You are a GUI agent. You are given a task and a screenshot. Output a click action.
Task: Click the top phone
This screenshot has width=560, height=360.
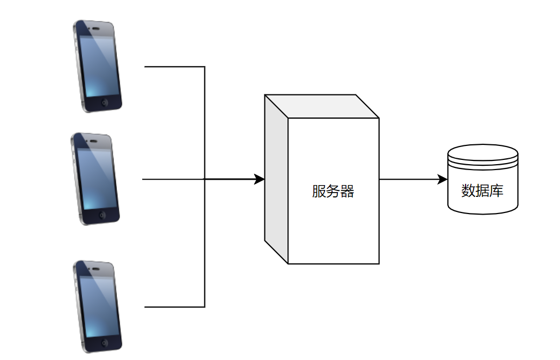pyautogui.click(x=97, y=66)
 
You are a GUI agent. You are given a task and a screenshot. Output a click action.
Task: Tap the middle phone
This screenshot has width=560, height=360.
pyautogui.click(x=95, y=178)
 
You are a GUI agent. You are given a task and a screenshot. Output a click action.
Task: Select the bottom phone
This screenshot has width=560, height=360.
pyautogui.click(x=97, y=306)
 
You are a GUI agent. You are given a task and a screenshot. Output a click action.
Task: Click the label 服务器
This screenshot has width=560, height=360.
pyautogui.click(x=333, y=192)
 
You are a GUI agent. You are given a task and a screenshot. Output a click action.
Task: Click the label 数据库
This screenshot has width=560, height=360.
pyautogui.click(x=482, y=190)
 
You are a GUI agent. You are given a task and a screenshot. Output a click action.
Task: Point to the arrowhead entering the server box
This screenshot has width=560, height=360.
pyautogui.click(x=260, y=179)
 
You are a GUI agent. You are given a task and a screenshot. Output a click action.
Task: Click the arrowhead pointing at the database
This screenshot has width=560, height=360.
pyautogui.click(x=443, y=179)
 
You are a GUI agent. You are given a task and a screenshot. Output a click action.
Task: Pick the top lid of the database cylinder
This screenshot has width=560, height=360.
pyautogui.click(x=483, y=151)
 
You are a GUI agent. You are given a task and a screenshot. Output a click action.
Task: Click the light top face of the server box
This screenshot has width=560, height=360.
pyautogui.click(x=322, y=106)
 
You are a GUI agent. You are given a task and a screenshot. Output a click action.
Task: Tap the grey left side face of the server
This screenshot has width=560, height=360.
pyautogui.click(x=276, y=179)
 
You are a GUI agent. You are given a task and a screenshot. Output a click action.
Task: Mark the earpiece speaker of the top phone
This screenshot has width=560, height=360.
pyautogui.click(x=95, y=28)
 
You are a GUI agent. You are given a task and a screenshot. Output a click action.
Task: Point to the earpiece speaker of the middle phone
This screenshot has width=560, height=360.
pyautogui.click(x=93, y=141)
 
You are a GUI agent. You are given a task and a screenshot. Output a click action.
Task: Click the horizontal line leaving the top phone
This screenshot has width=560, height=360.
pyautogui.click(x=174, y=67)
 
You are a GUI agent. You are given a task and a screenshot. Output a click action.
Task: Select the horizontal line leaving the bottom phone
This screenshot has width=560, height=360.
pyautogui.click(x=174, y=307)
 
